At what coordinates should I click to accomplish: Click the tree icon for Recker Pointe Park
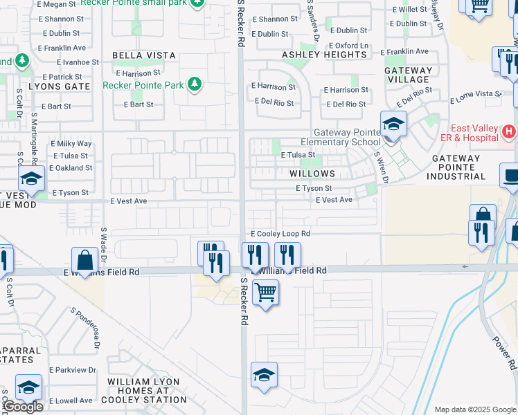[x=195, y=84]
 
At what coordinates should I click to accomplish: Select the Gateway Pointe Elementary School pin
[x=393, y=124]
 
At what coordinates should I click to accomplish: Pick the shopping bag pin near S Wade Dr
[x=84, y=261]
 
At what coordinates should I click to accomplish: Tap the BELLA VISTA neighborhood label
[x=145, y=55]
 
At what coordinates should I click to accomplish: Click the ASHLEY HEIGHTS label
[x=324, y=55]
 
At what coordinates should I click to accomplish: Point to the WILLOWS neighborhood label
[x=313, y=174]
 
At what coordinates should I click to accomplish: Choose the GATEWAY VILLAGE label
[x=409, y=75]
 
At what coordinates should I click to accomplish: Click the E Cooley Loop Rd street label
[x=280, y=234]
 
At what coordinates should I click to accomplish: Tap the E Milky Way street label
[x=71, y=144]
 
